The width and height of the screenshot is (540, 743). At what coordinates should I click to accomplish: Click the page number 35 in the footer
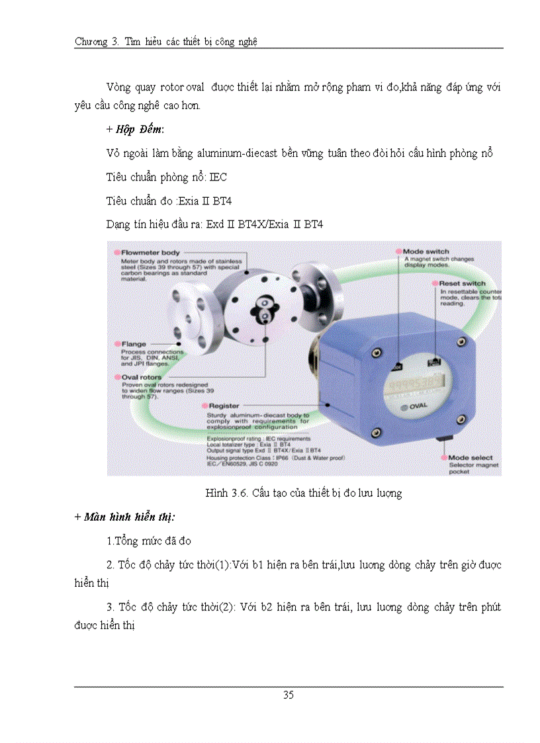click(289, 695)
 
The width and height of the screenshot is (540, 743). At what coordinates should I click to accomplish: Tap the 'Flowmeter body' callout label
click(150, 253)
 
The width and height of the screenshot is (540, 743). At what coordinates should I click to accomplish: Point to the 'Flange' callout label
click(134, 344)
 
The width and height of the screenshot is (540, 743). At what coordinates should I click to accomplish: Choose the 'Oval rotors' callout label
click(142, 377)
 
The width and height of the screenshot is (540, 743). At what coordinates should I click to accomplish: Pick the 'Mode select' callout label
click(471, 457)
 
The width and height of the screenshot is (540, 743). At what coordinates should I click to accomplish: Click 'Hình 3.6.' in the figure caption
click(226, 493)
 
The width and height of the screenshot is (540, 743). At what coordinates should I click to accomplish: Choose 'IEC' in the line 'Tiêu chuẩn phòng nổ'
click(218, 177)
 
